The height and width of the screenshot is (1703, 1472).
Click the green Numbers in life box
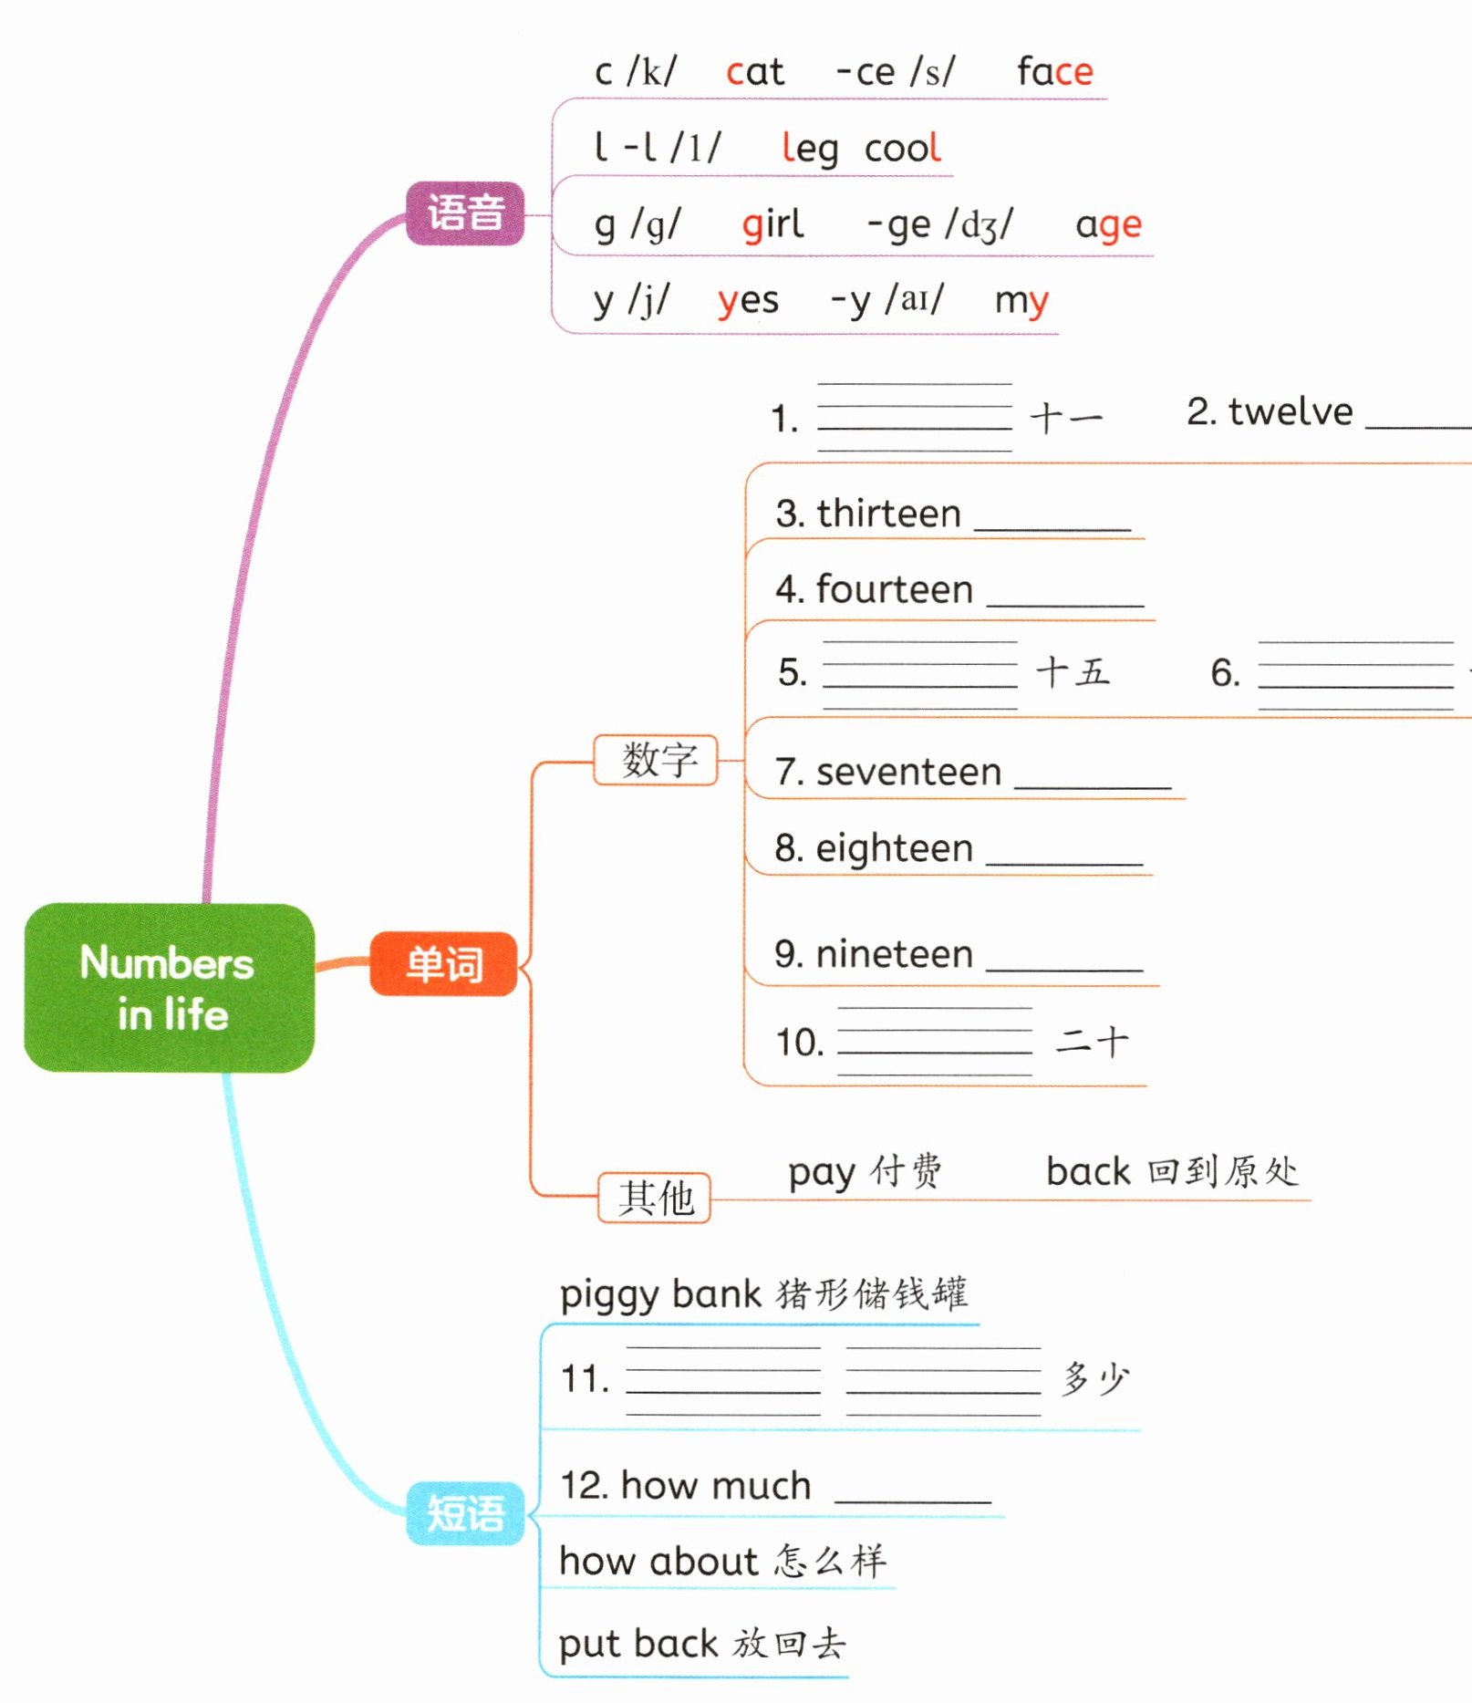click(x=169, y=987)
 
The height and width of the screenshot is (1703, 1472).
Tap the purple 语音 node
click(x=465, y=213)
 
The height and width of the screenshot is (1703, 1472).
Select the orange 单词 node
click(x=444, y=964)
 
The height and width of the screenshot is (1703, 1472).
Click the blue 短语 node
click(x=465, y=1513)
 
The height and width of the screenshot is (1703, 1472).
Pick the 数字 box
click(x=657, y=759)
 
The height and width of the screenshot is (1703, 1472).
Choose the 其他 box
click(x=655, y=1197)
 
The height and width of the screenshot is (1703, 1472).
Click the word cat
click(x=754, y=72)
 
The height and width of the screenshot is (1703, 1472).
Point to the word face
click(x=1054, y=72)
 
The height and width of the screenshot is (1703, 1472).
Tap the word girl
click(x=772, y=224)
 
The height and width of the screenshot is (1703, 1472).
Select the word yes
click(x=748, y=301)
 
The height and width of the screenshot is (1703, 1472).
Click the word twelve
click(x=1290, y=412)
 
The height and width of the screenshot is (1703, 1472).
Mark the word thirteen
click(x=888, y=514)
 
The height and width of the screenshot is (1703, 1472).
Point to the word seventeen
click(x=908, y=773)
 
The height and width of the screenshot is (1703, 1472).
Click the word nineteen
click(x=894, y=954)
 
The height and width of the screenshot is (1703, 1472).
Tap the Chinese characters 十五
click(x=1073, y=672)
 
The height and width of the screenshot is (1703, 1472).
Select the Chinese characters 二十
click(x=1092, y=1041)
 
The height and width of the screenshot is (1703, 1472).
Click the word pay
click(x=821, y=1173)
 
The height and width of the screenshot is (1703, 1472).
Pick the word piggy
click(x=609, y=1295)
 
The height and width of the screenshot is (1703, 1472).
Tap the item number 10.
click(x=799, y=1042)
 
